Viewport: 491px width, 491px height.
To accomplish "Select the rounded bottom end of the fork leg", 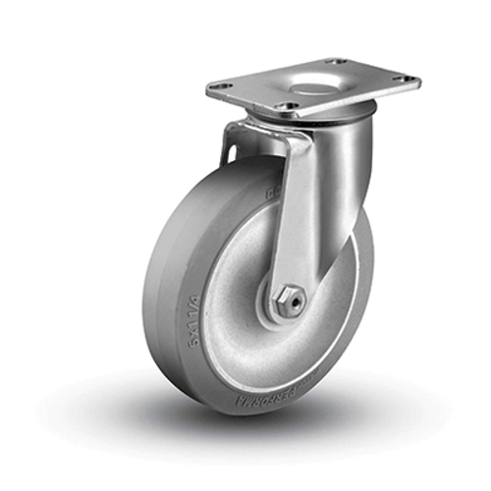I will [287, 312].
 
